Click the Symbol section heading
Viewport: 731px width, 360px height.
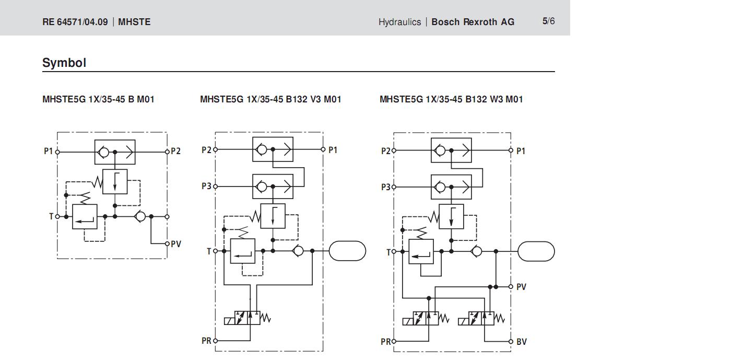[64, 63]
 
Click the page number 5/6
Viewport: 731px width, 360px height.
[548, 21]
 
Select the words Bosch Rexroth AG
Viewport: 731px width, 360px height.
[473, 22]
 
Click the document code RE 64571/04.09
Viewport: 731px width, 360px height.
[75, 22]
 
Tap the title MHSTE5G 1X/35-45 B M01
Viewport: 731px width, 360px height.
[98, 99]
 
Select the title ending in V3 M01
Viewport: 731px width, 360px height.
[270, 99]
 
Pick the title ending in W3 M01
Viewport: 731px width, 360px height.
[451, 99]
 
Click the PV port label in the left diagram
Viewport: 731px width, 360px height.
[176, 244]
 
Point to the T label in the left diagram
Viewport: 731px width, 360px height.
[51, 216]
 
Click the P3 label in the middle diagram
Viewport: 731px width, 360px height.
[207, 186]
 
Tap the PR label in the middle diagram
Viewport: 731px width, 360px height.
[207, 341]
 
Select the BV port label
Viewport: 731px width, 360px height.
[521, 342]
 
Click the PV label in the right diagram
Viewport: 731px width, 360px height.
[521, 287]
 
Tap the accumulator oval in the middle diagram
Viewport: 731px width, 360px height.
[347, 251]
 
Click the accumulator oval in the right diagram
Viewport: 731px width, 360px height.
[536, 251]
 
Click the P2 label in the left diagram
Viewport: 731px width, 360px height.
[176, 152]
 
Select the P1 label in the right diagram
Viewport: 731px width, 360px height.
[521, 151]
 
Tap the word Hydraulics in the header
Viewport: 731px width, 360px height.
[399, 22]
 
